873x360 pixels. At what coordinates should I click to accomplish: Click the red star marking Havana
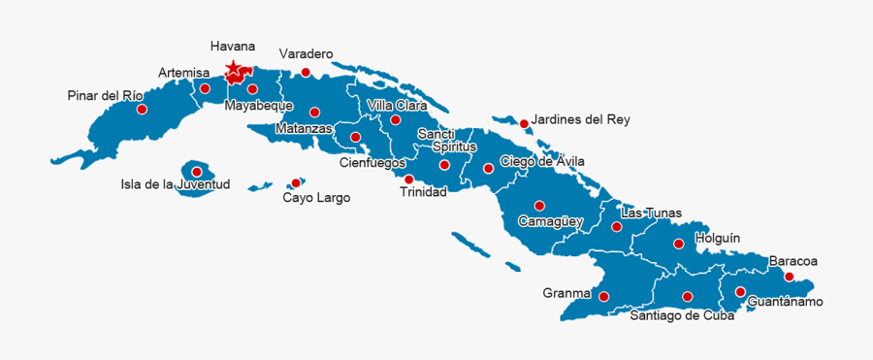click(233, 70)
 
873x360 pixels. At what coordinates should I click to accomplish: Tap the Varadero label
click(306, 53)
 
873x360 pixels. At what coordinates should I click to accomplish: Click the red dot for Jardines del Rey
click(524, 123)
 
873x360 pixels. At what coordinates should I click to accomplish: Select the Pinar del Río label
click(106, 95)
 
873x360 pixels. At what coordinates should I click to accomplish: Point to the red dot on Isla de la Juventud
click(197, 172)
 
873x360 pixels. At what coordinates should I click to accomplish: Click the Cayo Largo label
click(316, 198)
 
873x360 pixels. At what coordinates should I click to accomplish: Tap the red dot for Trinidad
click(408, 180)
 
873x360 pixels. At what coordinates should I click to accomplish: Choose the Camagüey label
click(550, 221)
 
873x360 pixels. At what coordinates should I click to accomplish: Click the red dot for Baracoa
click(791, 277)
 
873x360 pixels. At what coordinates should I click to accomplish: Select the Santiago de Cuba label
click(682, 314)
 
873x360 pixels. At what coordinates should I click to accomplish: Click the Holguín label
click(718, 237)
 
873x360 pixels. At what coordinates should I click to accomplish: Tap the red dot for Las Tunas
click(617, 227)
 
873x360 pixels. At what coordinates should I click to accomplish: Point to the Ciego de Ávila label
click(542, 161)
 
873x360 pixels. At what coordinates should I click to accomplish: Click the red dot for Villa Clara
click(396, 120)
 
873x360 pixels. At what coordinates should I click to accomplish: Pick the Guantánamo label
click(786, 302)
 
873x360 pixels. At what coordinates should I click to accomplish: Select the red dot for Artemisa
click(205, 88)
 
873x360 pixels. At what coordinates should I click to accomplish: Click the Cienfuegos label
click(372, 162)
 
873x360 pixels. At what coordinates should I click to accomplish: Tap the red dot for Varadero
click(306, 72)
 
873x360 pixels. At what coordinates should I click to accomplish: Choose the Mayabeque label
click(259, 106)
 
